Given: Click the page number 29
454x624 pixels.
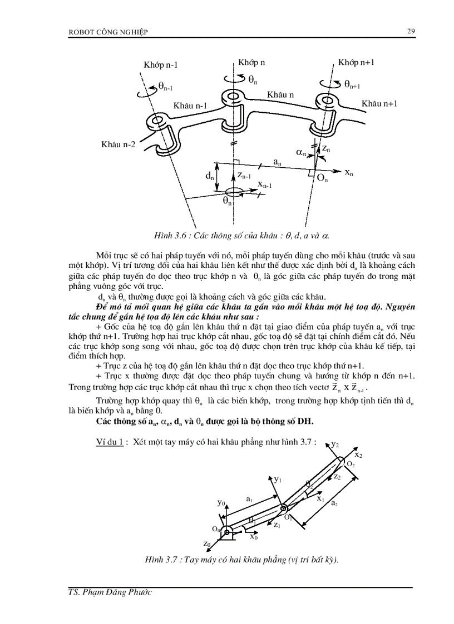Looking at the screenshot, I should click(x=411, y=31).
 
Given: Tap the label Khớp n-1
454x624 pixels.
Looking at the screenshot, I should click(x=161, y=65).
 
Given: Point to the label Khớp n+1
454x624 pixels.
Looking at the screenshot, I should click(x=356, y=62).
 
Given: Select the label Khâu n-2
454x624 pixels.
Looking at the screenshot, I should click(x=118, y=144).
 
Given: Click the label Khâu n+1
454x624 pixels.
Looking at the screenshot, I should click(x=379, y=103).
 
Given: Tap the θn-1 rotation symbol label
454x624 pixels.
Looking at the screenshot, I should click(x=165, y=86).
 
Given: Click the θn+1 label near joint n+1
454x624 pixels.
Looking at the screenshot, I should click(x=352, y=84).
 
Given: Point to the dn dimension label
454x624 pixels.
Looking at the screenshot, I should click(x=210, y=176).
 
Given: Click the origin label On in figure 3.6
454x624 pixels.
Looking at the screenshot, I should click(x=322, y=178).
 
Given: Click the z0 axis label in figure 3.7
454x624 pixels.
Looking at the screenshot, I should click(x=207, y=543).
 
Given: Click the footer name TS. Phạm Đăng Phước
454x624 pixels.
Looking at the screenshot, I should click(x=106, y=592).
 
